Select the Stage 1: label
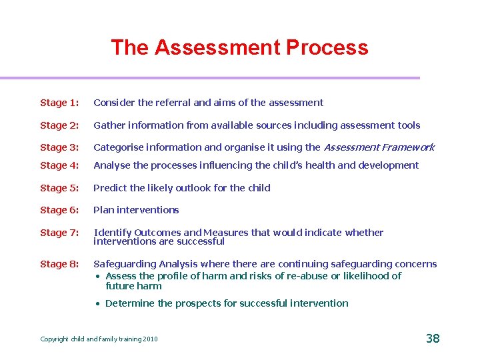(x=59, y=103)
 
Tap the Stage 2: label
(x=59, y=125)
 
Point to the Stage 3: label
(x=59, y=147)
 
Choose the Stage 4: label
(x=59, y=165)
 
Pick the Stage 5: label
(x=59, y=188)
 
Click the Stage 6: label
(x=59, y=210)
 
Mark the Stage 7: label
(x=59, y=233)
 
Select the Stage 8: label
(x=59, y=264)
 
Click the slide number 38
(x=433, y=339)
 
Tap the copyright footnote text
(x=99, y=339)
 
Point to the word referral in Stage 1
(x=173, y=103)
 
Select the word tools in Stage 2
(x=408, y=125)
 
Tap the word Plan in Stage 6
(x=103, y=210)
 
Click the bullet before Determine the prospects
(x=97, y=304)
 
